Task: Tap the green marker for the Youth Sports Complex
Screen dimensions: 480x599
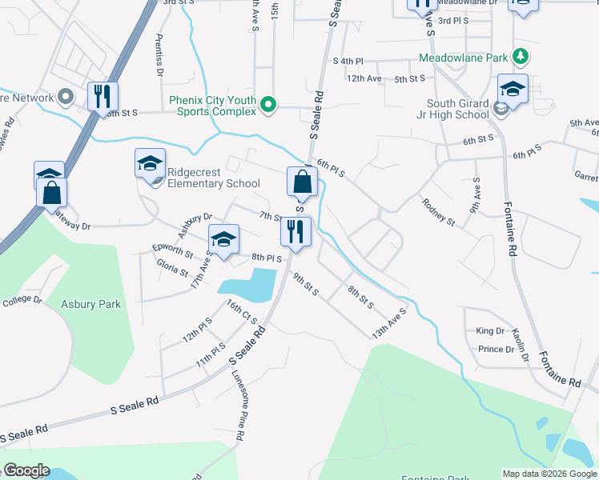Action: pyautogui.click(x=269, y=105)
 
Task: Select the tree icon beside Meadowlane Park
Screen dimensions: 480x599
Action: pyautogui.click(x=521, y=57)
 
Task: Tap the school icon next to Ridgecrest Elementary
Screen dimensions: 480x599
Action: pyautogui.click(x=150, y=164)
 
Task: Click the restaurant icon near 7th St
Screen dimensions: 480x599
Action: pyautogui.click(x=295, y=232)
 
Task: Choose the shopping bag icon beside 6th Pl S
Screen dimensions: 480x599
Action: pyautogui.click(x=301, y=182)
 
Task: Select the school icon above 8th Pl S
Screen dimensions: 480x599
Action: pyautogui.click(x=223, y=239)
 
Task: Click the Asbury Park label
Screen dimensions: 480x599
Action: pyautogui.click(x=93, y=305)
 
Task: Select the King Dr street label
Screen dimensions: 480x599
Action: pyautogui.click(x=489, y=330)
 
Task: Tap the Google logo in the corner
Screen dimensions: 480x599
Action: pyautogui.click(x=26, y=470)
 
